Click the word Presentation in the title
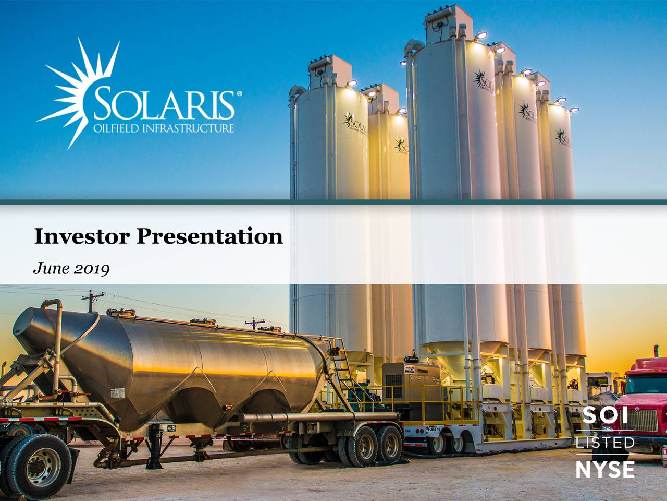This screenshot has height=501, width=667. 209,236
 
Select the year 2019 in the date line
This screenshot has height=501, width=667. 92,269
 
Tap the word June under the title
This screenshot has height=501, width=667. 49,269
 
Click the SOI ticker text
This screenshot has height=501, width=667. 604,416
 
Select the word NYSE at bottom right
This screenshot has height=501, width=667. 605,469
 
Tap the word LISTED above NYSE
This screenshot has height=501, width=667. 605,443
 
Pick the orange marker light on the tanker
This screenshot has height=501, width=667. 228,407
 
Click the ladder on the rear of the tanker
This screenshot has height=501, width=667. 341,365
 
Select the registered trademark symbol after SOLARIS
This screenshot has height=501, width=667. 239,94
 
